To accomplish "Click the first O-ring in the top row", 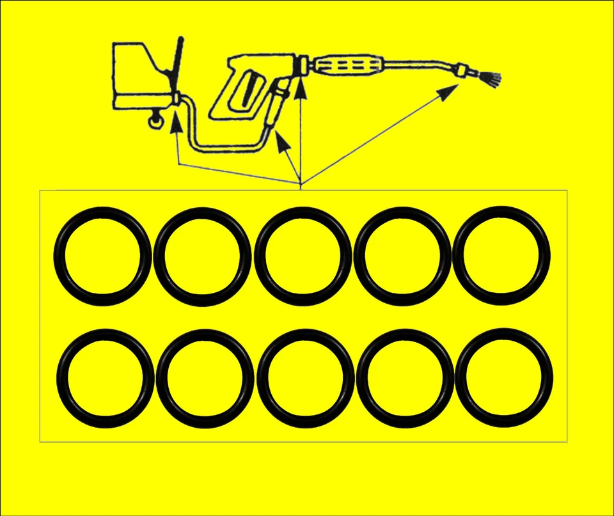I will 102,256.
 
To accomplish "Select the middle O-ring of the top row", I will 303,256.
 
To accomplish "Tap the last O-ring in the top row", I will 501,256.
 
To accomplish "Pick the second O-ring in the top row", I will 202,256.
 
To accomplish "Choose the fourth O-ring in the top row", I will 402,256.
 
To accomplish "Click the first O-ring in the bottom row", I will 105,379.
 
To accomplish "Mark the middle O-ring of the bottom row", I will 305,379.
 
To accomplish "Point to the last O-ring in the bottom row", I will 504,379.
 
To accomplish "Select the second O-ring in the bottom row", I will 205,379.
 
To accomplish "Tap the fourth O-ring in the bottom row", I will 405,379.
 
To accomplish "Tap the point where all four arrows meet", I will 301,184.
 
